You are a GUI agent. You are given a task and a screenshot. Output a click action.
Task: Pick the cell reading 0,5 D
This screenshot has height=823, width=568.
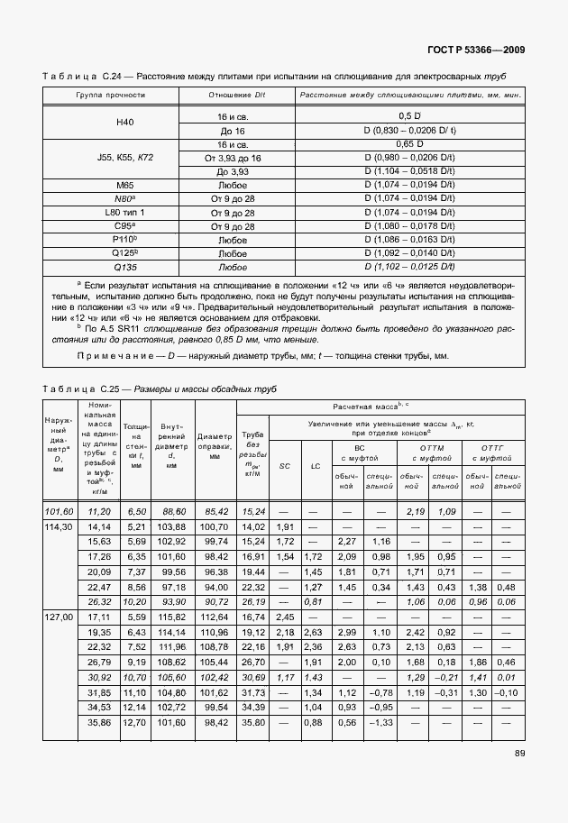(410, 116)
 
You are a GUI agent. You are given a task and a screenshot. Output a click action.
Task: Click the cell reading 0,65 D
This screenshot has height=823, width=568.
(410, 143)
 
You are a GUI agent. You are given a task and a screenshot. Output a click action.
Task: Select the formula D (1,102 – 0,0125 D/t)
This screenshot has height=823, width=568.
(410, 267)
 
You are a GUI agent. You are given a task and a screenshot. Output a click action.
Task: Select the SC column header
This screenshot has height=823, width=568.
(285, 466)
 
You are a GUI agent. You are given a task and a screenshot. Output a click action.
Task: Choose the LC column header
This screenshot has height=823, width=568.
(316, 466)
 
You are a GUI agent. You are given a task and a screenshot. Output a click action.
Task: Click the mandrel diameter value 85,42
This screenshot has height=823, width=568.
(215, 511)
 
